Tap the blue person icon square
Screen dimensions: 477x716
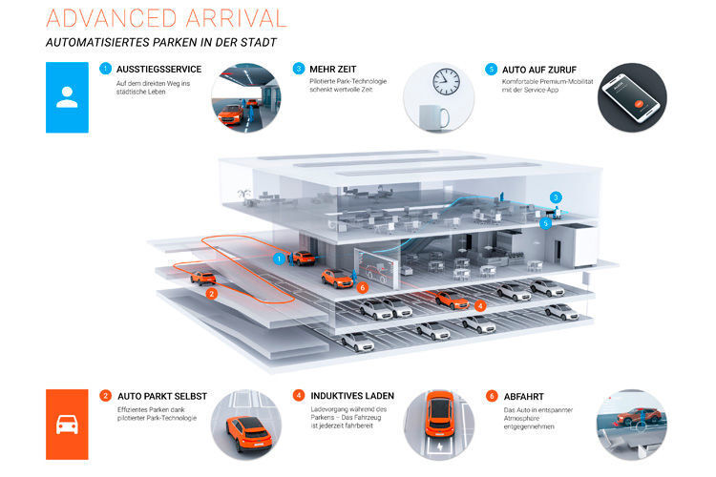pos(67,97)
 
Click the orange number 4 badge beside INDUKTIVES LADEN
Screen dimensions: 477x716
pos(299,394)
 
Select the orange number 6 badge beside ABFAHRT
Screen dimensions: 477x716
pos(492,394)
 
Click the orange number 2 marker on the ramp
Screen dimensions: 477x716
pos(211,294)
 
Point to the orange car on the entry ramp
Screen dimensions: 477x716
pos(202,278)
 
